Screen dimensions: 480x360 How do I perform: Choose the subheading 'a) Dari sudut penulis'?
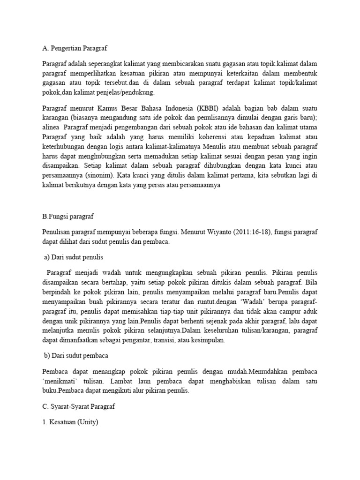[73, 257]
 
